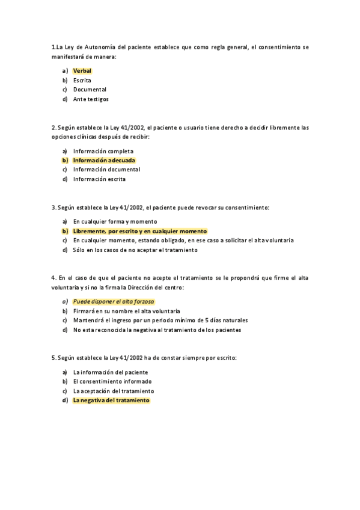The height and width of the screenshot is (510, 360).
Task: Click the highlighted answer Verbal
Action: point(82,70)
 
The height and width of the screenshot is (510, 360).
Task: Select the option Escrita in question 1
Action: point(82,80)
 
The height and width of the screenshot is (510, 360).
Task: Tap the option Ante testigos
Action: point(91,99)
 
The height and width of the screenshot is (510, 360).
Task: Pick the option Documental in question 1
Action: point(90,90)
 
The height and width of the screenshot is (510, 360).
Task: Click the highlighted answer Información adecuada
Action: point(104,161)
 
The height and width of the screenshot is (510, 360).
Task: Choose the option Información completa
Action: point(103,151)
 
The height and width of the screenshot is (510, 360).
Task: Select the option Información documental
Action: point(106,170)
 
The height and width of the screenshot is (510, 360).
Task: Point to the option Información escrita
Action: point(99,179)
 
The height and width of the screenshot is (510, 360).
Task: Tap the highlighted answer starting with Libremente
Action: point(139,231)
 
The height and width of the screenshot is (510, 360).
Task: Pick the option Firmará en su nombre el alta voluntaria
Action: point(126,311)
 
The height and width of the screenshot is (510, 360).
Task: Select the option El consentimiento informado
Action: point(112,381)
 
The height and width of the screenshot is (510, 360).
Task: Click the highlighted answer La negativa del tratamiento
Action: point(111,400)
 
